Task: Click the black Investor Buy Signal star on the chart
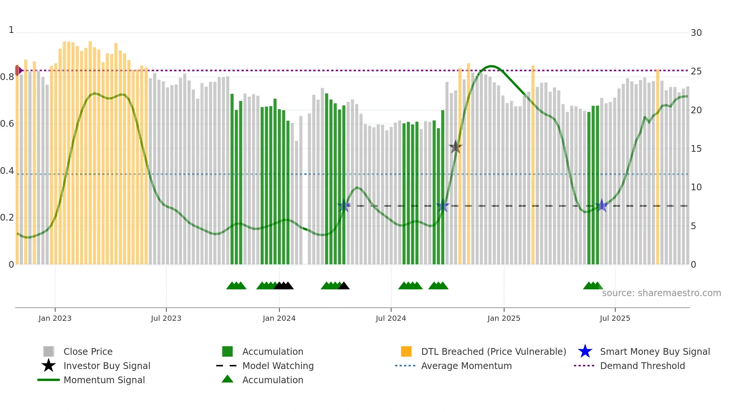[x=456, y=147]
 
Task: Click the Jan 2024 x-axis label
[x=279, y=318]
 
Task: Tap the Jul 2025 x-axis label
[x=615, y=318]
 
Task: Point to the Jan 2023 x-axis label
[x=55, y=318]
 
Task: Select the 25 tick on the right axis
[x=696, y=71]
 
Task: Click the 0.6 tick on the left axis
[x=7, y=124]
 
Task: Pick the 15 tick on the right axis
[x=696, y=149]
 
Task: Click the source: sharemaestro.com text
[x=661, y=293]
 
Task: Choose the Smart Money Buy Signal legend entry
[x=654, y=352]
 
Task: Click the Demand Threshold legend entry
[x=642, y=366]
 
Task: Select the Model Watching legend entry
[x=277, y=366]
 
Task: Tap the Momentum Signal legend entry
[x=104, y=380]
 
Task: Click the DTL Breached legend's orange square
[x=406, y=351]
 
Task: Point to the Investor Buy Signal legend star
[x=49, y=366]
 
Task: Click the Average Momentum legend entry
[x=466, y=366]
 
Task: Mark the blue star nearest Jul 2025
[x=601, y=206]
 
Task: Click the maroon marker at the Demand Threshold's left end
[x=18, y=70]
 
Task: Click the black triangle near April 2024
[x=344, y=286]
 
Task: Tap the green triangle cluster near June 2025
[x=593, y=286]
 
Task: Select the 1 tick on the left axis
[x=11, y=30]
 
